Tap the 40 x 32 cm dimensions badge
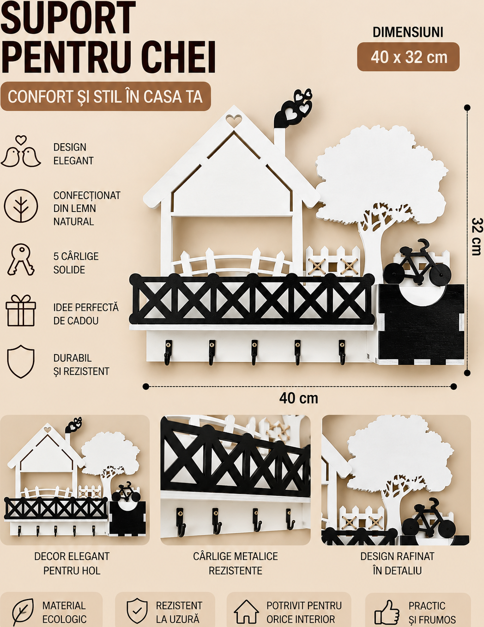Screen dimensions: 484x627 [408, 57]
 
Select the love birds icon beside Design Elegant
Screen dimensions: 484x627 [21, 151]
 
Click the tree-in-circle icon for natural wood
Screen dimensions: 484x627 [21, 206]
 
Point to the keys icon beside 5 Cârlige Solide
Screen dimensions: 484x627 [21, 260]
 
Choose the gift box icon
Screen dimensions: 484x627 [21, 310]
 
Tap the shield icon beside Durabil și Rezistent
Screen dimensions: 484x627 [21, 361]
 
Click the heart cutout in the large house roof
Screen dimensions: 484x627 [234, 119]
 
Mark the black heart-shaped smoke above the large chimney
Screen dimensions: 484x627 [294, 108]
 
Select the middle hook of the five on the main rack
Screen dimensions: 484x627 [254, 352]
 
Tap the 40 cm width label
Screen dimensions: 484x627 [299, 398]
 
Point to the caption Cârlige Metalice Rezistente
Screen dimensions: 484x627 [236, 563]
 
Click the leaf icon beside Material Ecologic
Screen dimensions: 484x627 [23, 612]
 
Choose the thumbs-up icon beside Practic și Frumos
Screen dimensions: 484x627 [387, 612]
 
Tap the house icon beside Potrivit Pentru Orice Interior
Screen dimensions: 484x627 [246, 612]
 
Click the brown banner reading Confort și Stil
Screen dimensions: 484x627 [105, 97]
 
